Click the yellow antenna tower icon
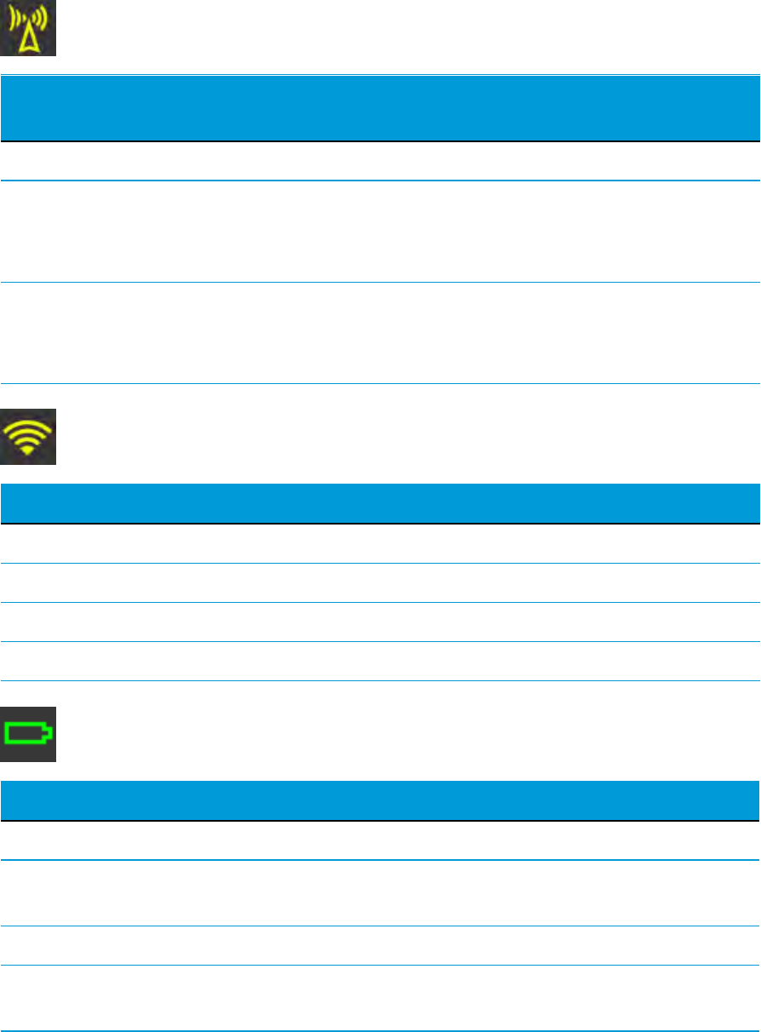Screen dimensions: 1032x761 coord(27,28)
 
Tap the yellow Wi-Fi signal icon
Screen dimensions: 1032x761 coord(27,437)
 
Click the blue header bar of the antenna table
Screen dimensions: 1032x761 coord(380,108)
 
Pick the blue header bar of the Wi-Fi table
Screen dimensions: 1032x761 coord(380,503)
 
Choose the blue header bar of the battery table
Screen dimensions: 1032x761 coord(380,800)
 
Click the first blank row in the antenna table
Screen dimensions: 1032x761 coord(380,161)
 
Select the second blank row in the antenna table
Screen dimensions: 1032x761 coord(380,232)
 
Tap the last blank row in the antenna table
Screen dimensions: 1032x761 coord(380,334)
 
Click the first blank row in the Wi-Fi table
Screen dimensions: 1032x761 coord(380,543)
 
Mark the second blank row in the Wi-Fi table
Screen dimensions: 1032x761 coord(380,582)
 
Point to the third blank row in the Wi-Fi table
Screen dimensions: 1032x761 coord(380,622)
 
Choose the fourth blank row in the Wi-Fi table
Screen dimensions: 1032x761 coord(380,661)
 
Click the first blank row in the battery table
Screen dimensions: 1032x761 coord(380,840)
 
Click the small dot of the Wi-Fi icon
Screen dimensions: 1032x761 coord(27,451)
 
